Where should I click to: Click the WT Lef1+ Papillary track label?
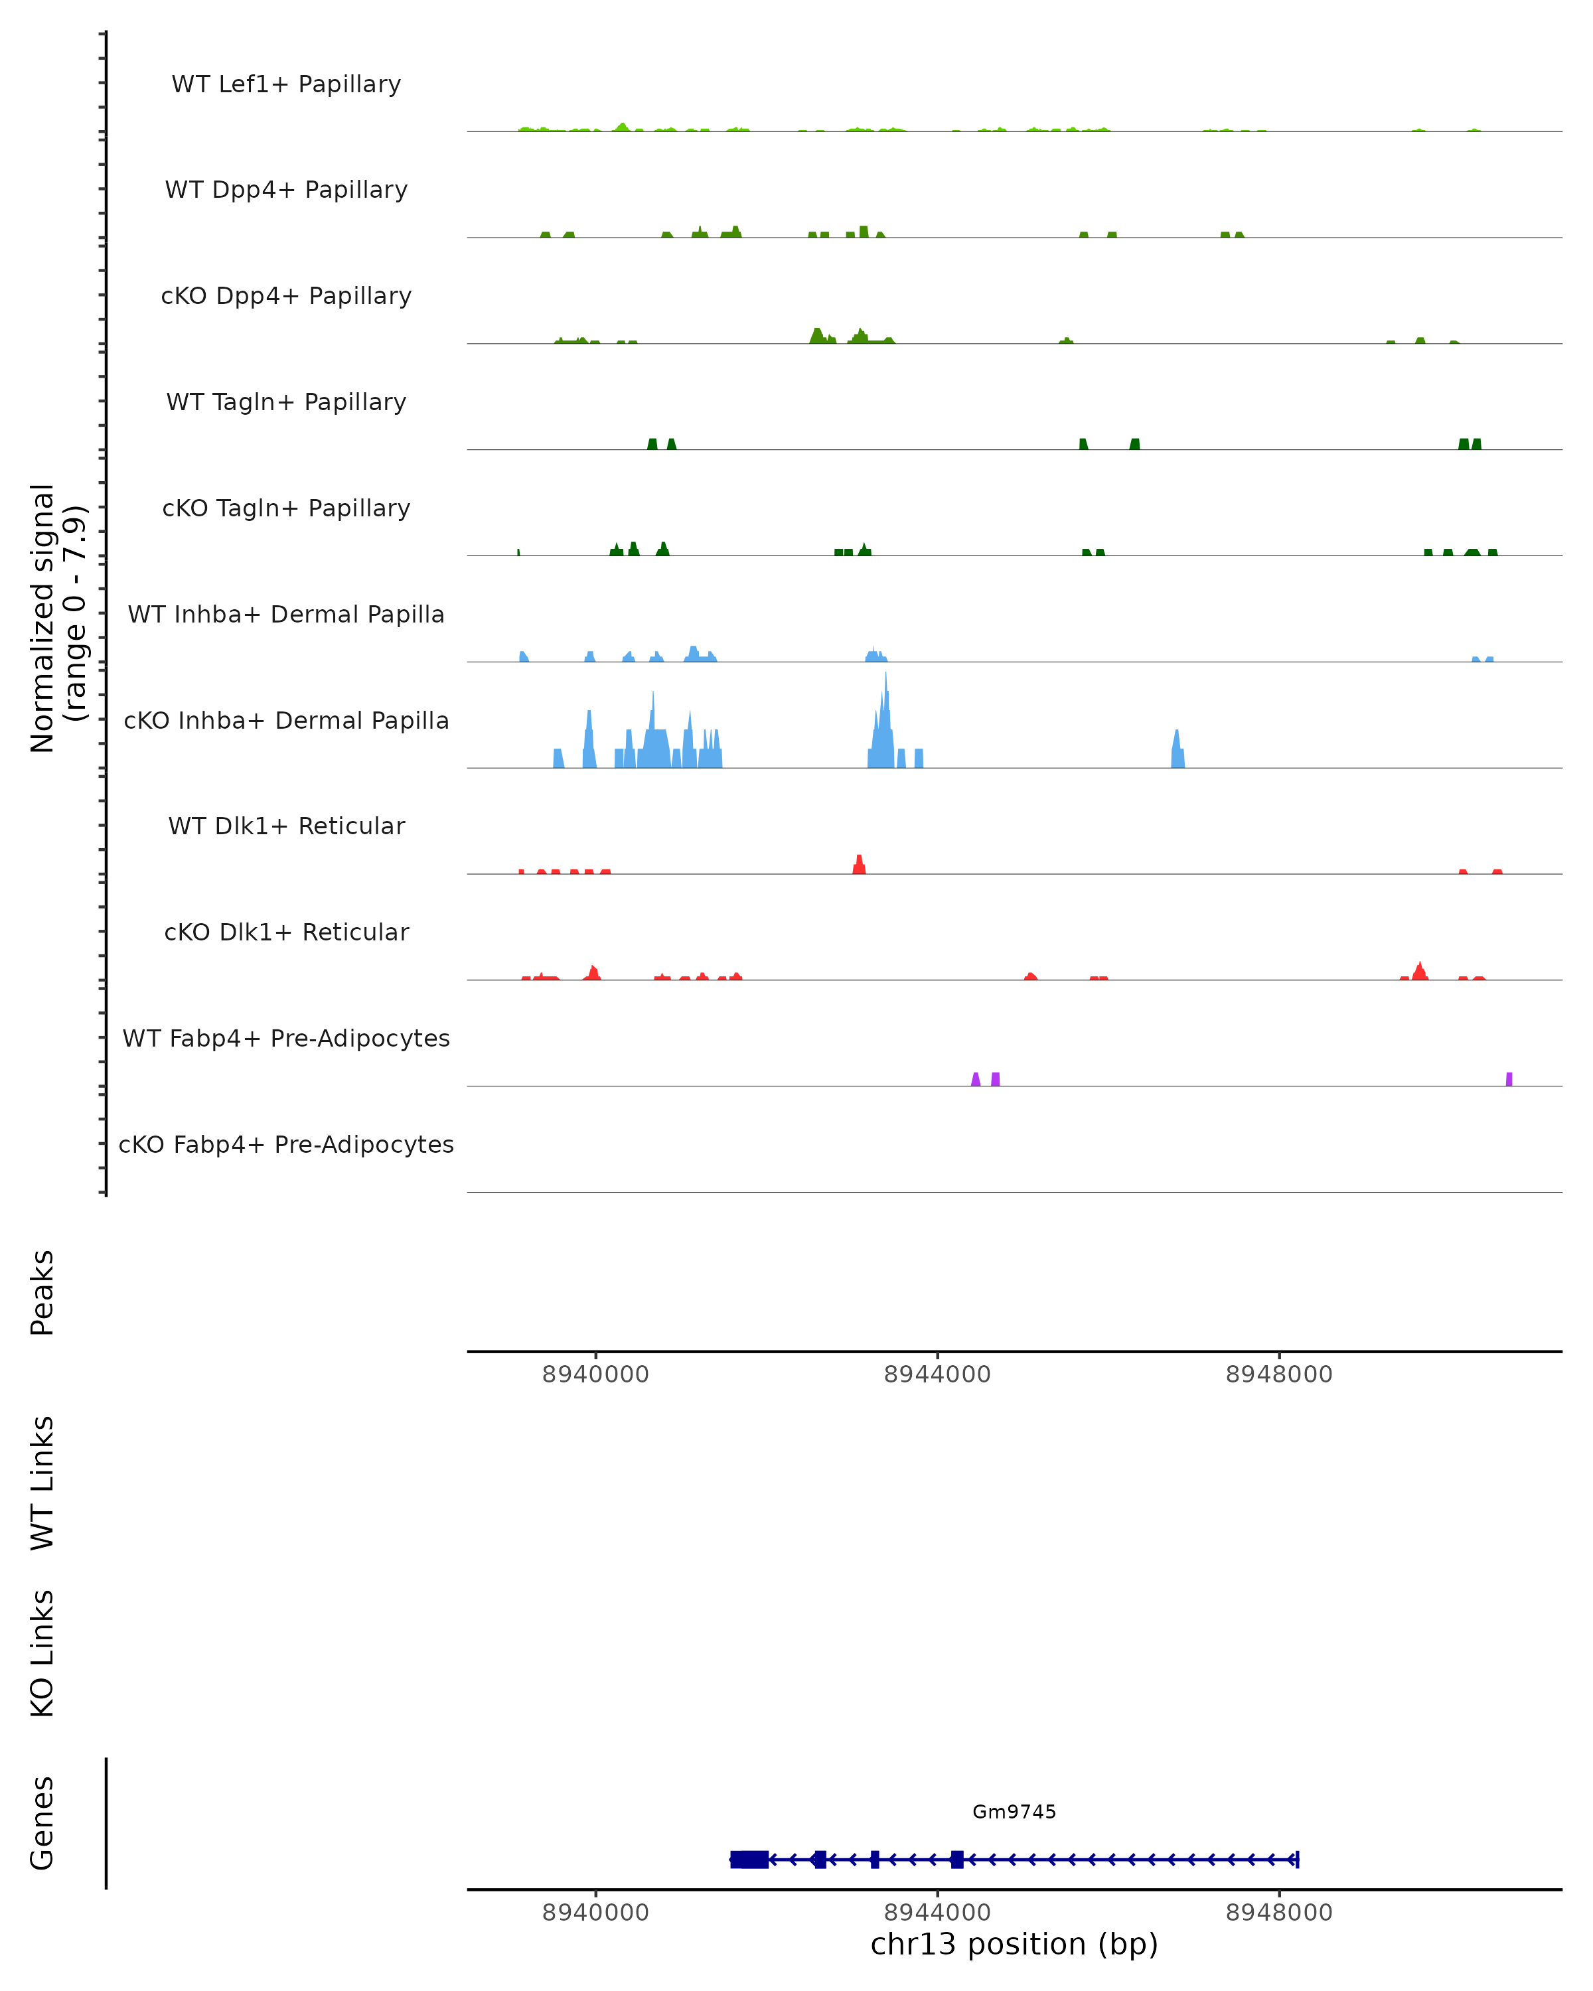click(286, 84)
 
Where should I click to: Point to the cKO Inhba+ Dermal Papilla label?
click(286, 720)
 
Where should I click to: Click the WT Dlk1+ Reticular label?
click(286, 826)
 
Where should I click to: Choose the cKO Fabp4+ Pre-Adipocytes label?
click(286, 1144)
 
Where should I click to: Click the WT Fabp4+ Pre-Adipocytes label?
click(286, 1038)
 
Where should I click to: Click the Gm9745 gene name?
click(1014, 1811)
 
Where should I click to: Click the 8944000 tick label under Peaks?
click(937, 1374)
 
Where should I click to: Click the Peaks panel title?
click(42, 1292)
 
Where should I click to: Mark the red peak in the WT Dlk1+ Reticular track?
click(859, 865)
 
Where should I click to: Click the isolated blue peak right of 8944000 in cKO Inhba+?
click(1177, 751)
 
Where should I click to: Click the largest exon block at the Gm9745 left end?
click(749, 1859)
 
